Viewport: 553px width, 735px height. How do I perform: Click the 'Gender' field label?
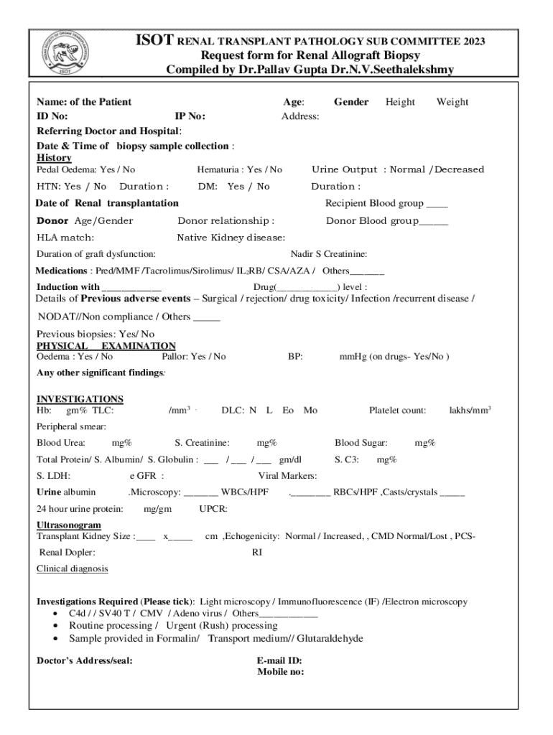(351, 102)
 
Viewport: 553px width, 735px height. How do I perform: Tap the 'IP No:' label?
(190, 116)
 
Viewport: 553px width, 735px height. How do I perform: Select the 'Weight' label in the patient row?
(452, 102)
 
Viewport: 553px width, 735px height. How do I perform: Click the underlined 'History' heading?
(54, 158)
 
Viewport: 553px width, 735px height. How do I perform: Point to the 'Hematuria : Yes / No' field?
(239, 170)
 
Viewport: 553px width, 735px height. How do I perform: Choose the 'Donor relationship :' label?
(226, 221)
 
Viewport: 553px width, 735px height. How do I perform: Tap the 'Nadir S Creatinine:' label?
(329, 254)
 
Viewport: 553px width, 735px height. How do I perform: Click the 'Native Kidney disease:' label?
(231, 238)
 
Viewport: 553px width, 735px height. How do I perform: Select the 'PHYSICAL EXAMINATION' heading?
(106, 346)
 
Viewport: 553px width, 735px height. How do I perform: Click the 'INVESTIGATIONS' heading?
(80, 399)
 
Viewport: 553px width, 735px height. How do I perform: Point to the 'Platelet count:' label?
(397, 411)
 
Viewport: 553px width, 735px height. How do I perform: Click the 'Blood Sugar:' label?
(361, 443)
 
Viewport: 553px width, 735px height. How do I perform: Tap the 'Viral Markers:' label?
(287, 476)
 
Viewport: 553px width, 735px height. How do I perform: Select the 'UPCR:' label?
(213, 509)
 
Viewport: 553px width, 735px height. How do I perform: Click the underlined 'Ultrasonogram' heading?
(69, 526)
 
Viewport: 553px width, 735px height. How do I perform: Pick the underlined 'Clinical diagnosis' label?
(72, 569)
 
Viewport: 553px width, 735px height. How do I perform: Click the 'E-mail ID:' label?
(279, 661)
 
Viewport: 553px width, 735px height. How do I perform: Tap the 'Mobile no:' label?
(280, 673)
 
